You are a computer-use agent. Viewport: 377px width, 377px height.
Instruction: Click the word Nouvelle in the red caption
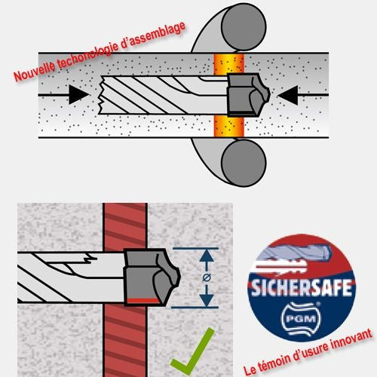coord(35,72)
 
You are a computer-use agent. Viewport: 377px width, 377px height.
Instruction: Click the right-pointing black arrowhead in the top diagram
coord(78,95)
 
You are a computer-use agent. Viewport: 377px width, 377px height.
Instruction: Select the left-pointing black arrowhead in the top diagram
coord(288,95)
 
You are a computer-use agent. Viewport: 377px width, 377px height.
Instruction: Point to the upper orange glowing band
coord(228,64)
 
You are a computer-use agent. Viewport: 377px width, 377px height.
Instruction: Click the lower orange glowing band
coord(228,126)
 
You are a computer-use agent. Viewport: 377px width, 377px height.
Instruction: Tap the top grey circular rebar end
coord(244,27)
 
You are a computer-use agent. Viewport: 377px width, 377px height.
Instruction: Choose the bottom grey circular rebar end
coord(244,163)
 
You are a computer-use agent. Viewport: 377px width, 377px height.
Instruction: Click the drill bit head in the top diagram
coord(248,95)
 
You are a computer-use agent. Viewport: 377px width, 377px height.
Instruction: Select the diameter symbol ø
coord(207,277)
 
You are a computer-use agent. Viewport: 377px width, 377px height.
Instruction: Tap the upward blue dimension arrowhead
coord(207,255)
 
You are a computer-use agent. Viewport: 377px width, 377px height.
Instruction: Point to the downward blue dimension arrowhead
coord(207,301)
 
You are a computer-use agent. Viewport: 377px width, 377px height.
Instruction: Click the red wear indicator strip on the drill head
coord(143,301)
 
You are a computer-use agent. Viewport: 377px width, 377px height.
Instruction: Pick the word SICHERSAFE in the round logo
coord(302,288)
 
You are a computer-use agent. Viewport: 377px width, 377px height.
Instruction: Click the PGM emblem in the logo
coord(301,319)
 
